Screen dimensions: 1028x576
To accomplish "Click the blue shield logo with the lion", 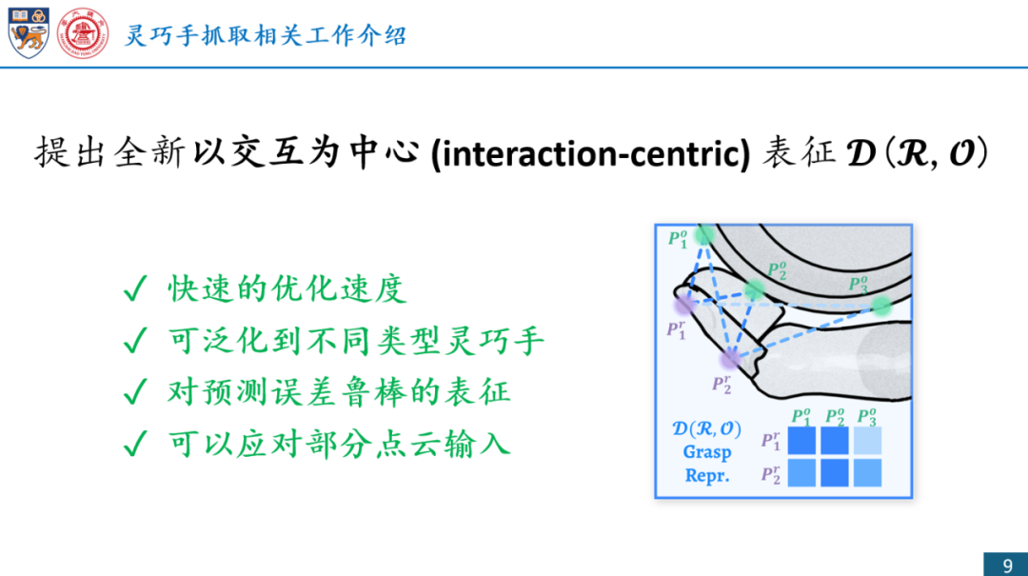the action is (x=29, y=32).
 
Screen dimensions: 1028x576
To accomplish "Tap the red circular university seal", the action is (x=83, y=33).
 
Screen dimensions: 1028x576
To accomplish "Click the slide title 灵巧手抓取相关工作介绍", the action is (x=266, y=35).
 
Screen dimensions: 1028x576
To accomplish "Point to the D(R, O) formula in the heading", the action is (x=917, y=152).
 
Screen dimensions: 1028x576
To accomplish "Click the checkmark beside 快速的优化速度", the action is (x=135, y=288).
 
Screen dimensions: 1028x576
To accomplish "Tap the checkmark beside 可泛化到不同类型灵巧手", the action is (x=135, y=341).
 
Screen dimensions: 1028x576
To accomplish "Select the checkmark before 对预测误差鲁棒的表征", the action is (x=135, y=392).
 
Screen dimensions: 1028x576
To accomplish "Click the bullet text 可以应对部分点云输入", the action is (x=339, y=444).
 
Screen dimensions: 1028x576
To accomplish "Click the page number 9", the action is (x=1008, y=566).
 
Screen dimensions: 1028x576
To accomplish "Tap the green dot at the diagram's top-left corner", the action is (x=704, y=234).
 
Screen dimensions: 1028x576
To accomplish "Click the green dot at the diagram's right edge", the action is (x=881, y=306).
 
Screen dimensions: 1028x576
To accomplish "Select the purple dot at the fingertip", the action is (x=684, y=304).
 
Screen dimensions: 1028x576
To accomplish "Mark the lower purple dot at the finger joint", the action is (x=730, y=358).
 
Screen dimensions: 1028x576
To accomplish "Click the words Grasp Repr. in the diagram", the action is (x=706, y=464).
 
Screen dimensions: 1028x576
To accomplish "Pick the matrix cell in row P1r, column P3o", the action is (x=867, y=440).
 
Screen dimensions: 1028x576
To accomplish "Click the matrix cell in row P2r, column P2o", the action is (x=835, y=473).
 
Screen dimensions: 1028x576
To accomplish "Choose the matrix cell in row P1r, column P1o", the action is (x=801, y=440).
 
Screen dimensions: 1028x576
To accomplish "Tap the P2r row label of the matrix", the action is (x=771, y=474).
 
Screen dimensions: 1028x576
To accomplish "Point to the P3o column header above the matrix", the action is (x=867, y=416).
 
